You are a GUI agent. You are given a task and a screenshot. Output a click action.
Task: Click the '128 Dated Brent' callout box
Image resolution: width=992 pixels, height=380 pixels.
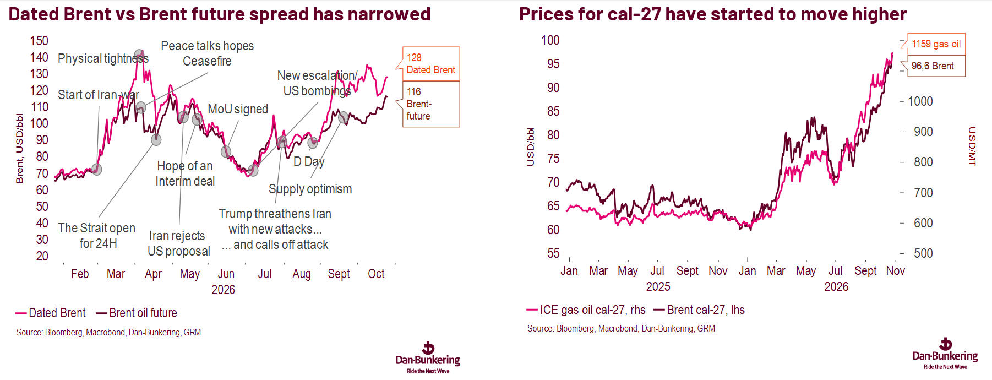[x=431, y=63]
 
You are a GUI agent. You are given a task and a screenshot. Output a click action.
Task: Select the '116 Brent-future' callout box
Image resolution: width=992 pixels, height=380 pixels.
[x=431, y=104]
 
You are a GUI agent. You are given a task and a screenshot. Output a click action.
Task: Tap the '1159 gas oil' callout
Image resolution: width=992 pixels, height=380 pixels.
[x=936, y=44]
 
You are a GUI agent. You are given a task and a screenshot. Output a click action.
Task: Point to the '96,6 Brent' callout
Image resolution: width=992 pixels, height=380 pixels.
[x=936, y=66]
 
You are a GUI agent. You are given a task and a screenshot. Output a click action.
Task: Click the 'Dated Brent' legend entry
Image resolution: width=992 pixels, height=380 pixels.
[x=51, y=313]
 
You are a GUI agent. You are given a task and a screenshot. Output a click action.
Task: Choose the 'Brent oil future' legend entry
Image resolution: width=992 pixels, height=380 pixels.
[x=137, y=313]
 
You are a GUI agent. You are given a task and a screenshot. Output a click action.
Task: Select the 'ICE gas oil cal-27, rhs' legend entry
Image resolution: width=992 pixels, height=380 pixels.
[x=586, y=310]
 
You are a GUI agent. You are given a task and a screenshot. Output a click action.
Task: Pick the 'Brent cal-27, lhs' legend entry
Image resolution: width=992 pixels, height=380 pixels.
[x=699, y=310]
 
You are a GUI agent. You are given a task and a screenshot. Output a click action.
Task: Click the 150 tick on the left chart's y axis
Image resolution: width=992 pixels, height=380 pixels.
[x=39, y=41]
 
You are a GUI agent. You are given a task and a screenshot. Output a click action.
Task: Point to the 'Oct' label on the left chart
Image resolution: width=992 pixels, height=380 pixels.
[x=376, y=274]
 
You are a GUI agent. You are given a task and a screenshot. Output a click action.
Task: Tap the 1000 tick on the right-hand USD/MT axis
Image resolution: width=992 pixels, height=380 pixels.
[x=920, y=101]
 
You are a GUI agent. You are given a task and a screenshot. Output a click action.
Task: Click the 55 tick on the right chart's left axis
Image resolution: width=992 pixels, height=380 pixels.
[x=553, y=253]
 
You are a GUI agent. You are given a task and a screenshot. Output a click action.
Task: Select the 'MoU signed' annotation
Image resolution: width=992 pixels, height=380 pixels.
[x=238, y=109]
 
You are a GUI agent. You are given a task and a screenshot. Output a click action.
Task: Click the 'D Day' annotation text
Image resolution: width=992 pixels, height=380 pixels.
[x=309, y=161]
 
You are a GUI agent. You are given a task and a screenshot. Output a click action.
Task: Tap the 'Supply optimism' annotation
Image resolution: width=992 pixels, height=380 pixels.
[x=310, y=189]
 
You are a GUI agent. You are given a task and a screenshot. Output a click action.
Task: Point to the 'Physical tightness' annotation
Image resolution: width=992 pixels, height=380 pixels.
[x=103, y=58]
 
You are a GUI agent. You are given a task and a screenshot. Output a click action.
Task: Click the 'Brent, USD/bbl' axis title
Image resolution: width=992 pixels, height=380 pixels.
[x=20, y=148]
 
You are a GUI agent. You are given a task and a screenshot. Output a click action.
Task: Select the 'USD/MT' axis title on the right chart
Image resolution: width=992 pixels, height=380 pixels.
[x=972, y=146]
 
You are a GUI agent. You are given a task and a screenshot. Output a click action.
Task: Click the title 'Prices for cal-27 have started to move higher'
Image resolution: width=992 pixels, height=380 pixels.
[x=713, y=14]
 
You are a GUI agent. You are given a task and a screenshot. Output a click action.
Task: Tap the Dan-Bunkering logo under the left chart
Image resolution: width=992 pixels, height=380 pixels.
[x=428, y=358]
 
